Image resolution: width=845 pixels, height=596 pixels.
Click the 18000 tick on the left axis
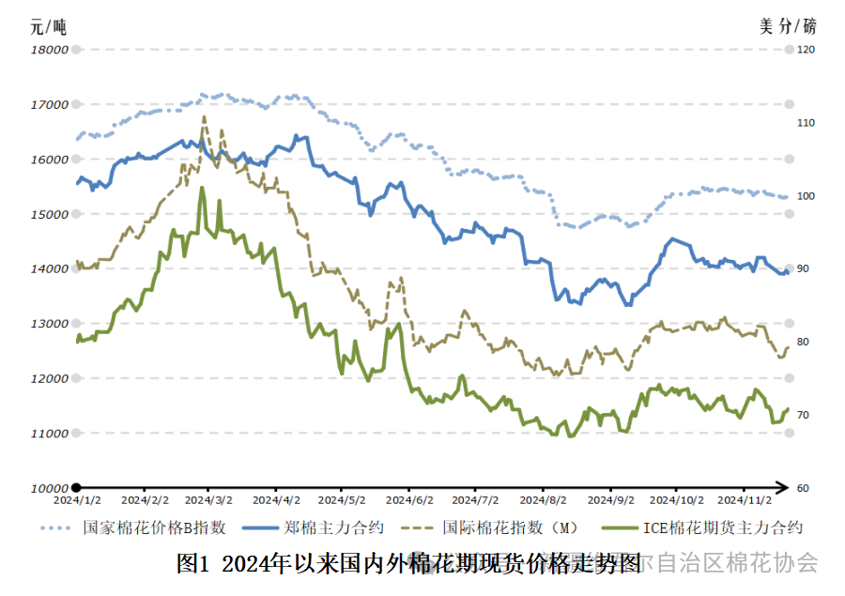pos(50,50)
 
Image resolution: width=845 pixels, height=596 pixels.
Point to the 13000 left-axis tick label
pos(50,324)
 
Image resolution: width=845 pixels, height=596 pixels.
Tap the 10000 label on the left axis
pos(50,488)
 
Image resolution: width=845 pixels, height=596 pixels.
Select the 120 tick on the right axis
pos(807,50)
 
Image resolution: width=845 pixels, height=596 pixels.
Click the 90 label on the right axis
pos(804,269)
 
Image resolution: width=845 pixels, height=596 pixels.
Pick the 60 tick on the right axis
pos(804,488)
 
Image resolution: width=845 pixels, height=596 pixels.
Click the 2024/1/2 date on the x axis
pos(77,501)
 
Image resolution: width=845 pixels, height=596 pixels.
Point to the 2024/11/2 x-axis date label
pos(744,501)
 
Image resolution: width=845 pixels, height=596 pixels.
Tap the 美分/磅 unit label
pos(789,25)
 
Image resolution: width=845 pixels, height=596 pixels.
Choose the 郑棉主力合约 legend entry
pos(317,528)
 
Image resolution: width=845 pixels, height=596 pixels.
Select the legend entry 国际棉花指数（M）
pos(513,528)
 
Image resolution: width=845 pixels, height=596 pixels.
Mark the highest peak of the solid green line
pos(202,189)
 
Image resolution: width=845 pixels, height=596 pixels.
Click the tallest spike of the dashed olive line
pos(204,116)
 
